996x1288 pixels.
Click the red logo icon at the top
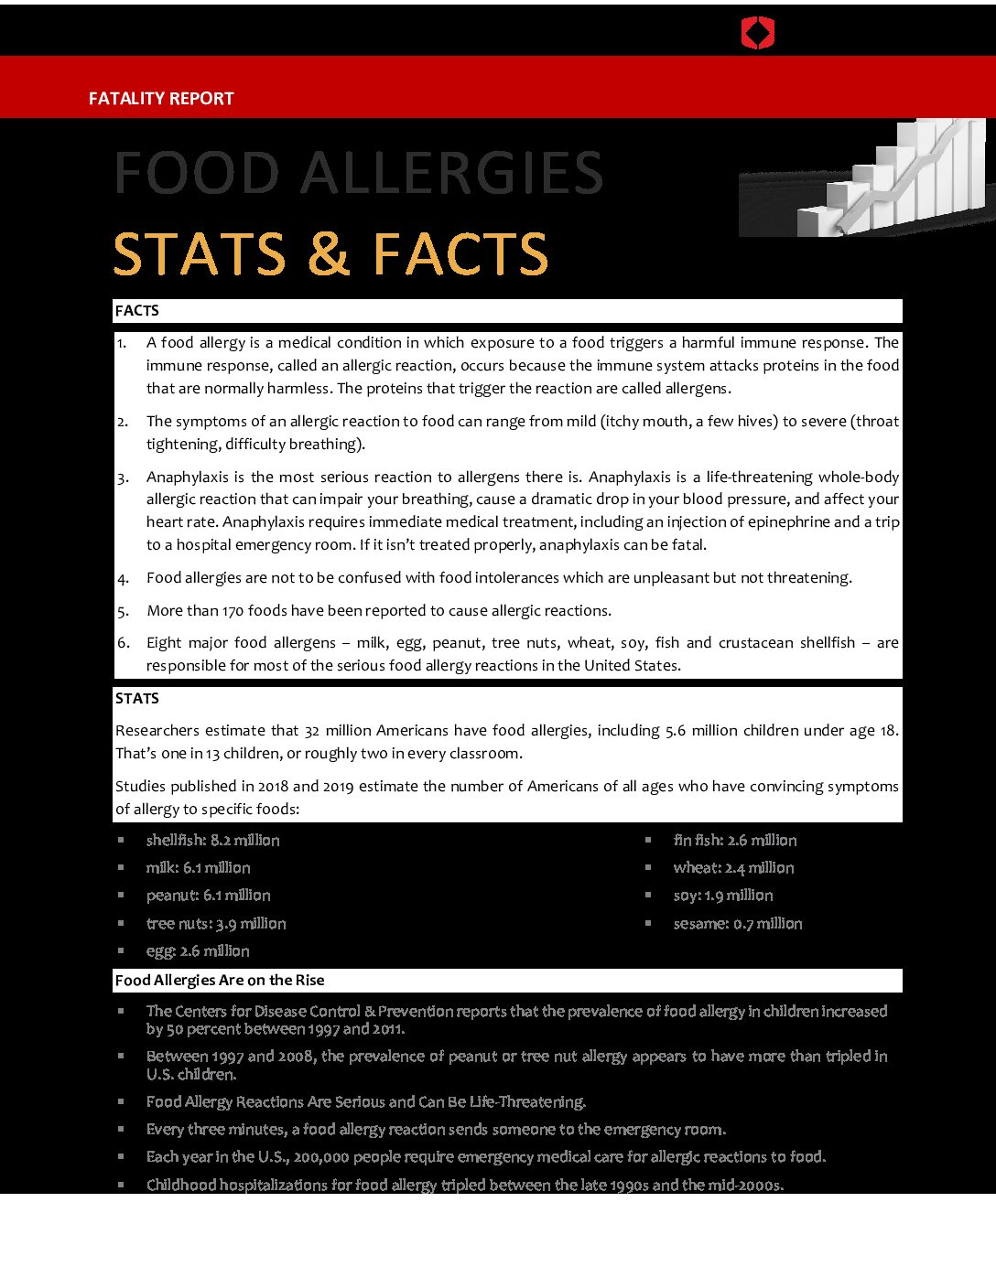[758, 33]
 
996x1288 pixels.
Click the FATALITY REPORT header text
[161, 99]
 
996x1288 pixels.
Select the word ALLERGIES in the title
[452, 174]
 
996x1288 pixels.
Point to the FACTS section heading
[137, 311]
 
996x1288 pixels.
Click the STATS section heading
[137, 699]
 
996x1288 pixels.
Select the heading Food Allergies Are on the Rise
[220, 981]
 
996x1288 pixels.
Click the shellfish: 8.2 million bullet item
[213, 841]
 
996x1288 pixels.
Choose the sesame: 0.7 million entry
[738, 924]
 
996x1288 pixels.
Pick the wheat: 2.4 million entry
[734, 868]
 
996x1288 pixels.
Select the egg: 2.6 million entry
[198, 951]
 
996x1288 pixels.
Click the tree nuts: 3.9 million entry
[216, 924]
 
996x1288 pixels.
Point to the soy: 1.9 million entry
[723, 896]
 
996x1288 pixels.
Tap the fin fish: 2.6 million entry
[735, 841]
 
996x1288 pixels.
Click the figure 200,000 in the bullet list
[321, 1157]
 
